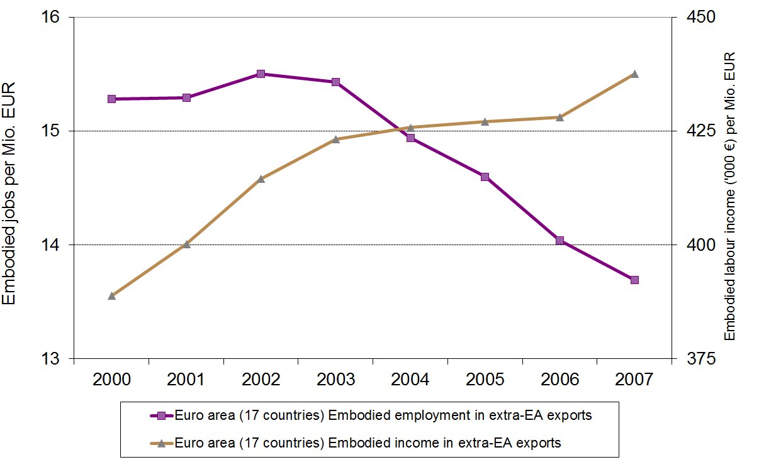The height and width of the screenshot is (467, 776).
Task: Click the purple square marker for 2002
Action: pyautogui.click(x=261, y=74)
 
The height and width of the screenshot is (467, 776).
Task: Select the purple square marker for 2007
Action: pyautogui.click(x=634, y=280)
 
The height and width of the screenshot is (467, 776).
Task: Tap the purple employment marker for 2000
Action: pyautogui.click(x=111, y=99)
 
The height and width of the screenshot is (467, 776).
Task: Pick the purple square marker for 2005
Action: pyautogui.click(x=485, y=177)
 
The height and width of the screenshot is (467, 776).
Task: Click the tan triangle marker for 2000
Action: pyautogui.click(x=111, y=295)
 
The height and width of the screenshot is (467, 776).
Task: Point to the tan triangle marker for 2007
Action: pyautogui.click(x=634, y=74)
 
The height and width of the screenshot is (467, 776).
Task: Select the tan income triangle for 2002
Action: pyautogui.click(x=261, y=179)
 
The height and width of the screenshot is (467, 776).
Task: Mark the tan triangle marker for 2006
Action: pyautogui.click(x=560, y=117)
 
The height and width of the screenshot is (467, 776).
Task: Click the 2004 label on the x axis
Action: pyautogui.click(x=410, y=380)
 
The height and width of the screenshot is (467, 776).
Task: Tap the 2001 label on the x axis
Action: pyautogui.click(x=186, y=380)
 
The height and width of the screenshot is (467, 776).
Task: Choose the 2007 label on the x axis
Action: pyautogui.click(x=634, y=380)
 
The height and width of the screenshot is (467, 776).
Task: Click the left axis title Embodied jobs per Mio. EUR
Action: pyautogui.click(x=9, y=193)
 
